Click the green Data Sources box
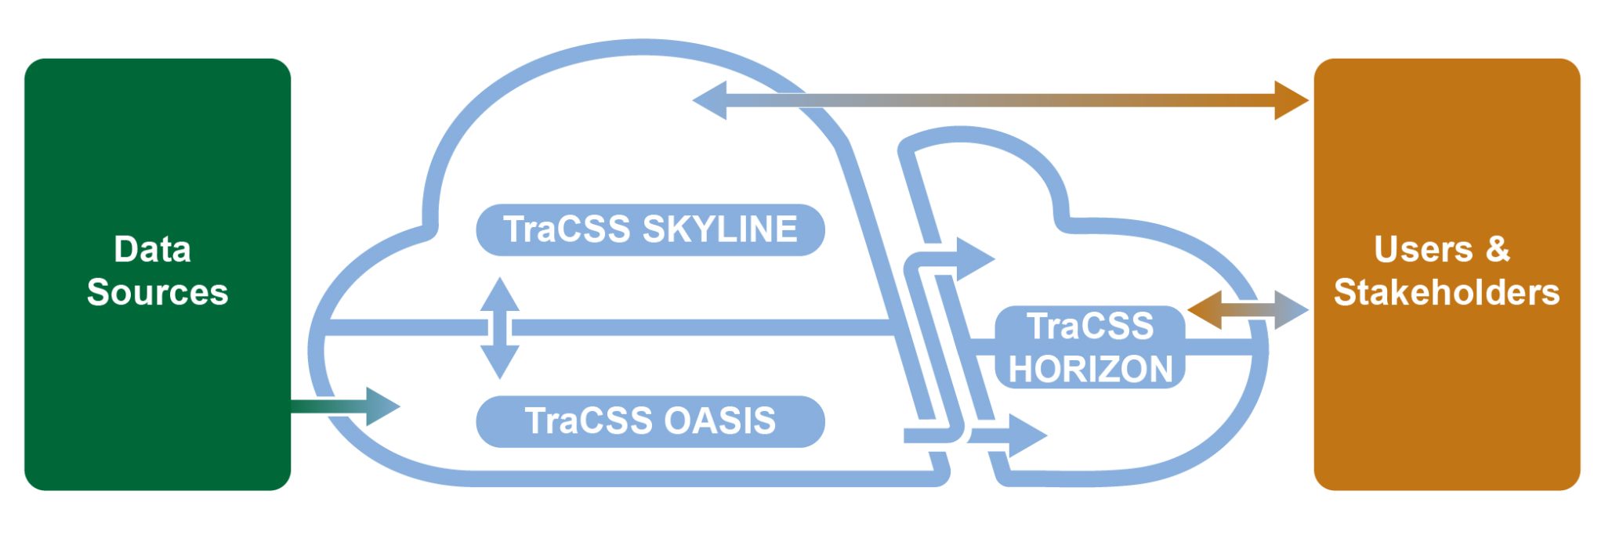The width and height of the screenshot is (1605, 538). (x=157, y=392)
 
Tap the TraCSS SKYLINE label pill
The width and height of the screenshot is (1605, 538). (x=650, y=229)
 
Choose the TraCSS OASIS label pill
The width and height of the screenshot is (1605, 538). (x=650, y=421)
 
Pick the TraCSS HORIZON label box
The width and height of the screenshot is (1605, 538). (x=1089, y=347)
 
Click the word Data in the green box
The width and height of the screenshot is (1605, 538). (x=152, y=250)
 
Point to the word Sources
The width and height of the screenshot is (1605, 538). (x=157, y=292)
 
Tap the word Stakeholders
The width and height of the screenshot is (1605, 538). (x=1446, y=292)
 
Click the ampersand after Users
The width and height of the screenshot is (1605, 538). (x=1497, y=249)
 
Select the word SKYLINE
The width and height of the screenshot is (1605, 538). (x=719, y=229)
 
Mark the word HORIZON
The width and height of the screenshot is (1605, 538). (x=1089, y=369)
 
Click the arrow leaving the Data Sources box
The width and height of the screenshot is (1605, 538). (x=345, y=406)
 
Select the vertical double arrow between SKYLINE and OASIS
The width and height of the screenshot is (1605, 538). (x=499, y=328)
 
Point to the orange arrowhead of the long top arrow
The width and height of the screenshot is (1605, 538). (x=1290, y=100)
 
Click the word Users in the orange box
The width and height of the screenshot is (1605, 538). (x=1422, y=249)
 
